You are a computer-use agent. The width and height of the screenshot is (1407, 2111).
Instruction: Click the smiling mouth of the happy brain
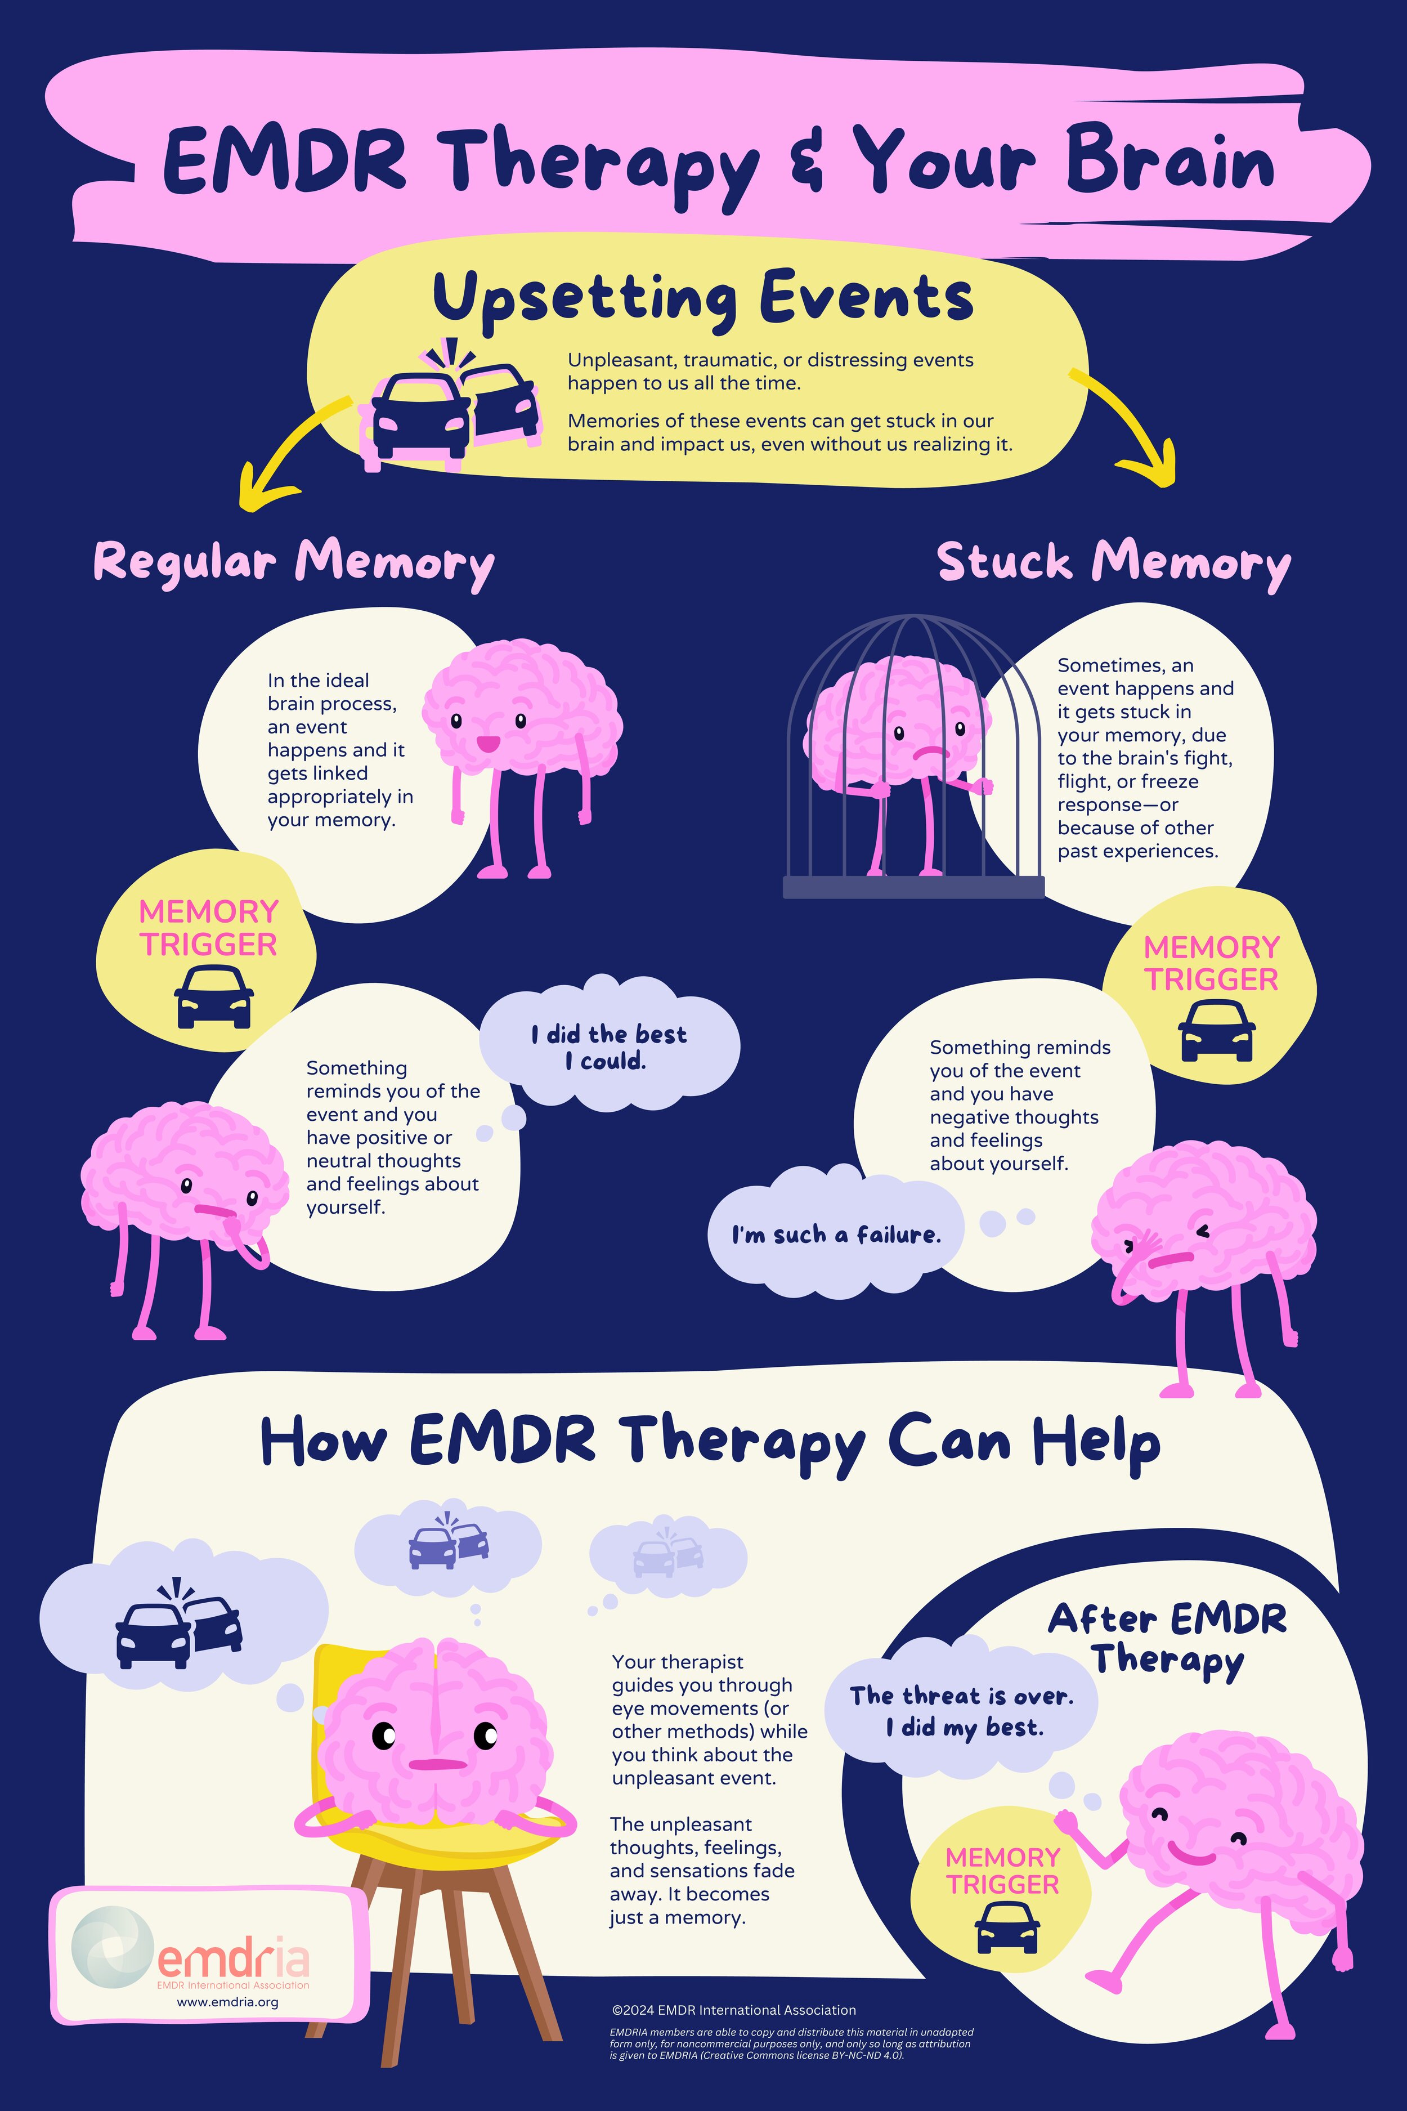487,743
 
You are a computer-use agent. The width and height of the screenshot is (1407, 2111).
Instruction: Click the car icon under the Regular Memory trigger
213,996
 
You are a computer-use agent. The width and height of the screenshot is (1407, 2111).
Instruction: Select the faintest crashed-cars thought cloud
669,1555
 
